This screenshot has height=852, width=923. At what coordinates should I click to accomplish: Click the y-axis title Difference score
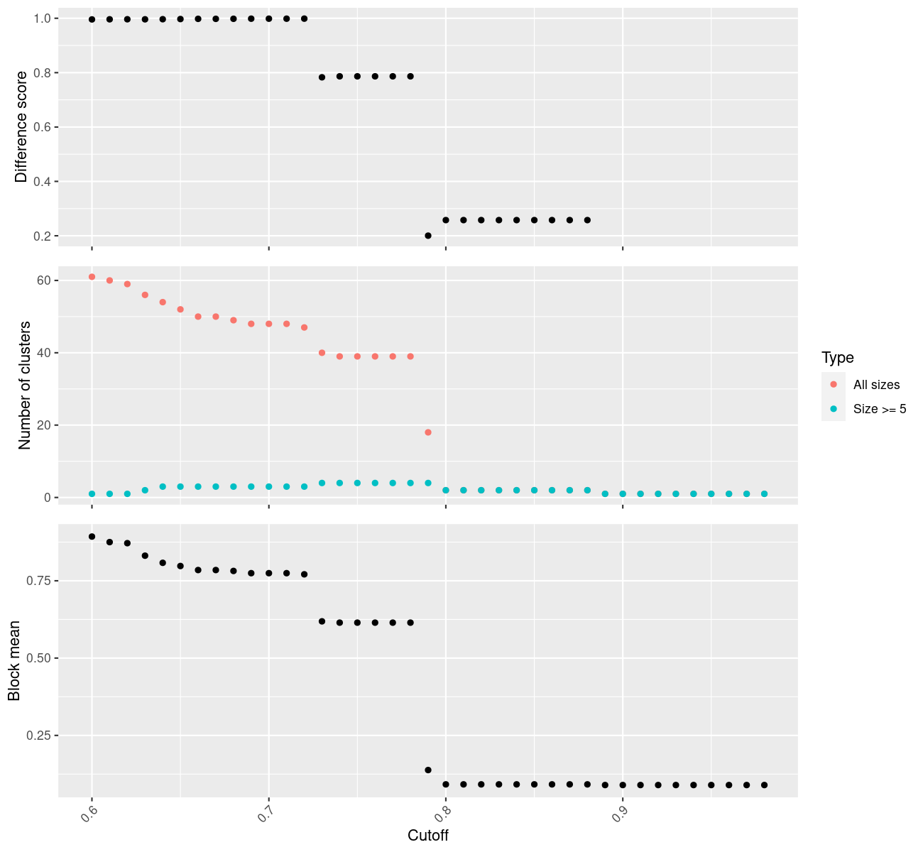pos(21,127)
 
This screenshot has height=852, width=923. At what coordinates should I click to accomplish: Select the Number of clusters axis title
pos(26,386)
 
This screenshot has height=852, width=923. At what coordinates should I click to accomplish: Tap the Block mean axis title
pos(14,661)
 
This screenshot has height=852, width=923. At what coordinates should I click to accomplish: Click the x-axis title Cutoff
pos(428,835)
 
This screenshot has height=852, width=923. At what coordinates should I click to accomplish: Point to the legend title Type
pos(837,358)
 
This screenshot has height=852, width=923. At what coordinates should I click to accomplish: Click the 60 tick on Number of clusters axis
pos(44,280)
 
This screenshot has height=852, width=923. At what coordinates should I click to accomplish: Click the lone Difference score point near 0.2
pos(428,236)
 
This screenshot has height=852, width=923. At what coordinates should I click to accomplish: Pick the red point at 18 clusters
pos(428,432)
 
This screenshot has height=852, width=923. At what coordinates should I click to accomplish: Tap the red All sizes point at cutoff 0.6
pos(92,277)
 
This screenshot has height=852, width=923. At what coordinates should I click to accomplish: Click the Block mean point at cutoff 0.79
pos(428,770)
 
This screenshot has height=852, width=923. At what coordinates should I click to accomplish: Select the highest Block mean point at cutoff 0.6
pos(92,537)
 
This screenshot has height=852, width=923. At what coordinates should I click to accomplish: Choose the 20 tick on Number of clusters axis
pos(44,425)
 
